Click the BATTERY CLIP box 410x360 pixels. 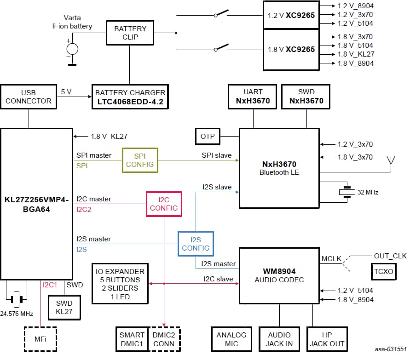(130, 33)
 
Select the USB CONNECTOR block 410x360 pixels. (29, 97)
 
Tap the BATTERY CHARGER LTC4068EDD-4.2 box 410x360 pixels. (130, 97)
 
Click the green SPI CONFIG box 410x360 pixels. (140, 160)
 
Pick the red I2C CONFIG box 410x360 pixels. (164, 204)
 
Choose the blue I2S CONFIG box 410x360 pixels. (196, 244)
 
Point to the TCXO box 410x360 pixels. (382, 272)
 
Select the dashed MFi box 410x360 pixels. (40, 339)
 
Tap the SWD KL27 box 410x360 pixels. (64, 308)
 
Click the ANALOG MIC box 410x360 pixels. (231, 339)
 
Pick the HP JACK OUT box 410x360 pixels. (327, 339)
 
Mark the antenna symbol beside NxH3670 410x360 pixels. (391, 161)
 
